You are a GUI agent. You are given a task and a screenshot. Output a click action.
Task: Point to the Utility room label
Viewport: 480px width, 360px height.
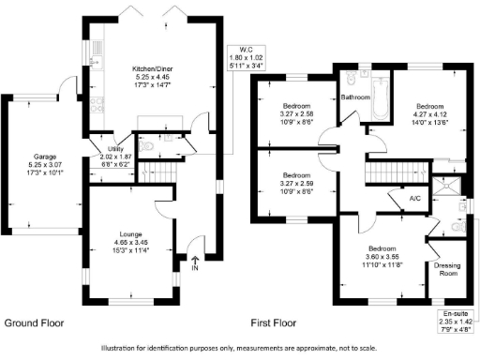coord(117,150)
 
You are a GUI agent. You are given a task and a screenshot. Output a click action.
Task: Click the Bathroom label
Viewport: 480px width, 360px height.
coord(355,97)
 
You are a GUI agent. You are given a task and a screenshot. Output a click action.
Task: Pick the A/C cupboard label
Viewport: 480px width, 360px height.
coord(415,199)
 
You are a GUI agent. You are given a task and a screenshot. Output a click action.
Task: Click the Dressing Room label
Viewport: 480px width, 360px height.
coord(449,269)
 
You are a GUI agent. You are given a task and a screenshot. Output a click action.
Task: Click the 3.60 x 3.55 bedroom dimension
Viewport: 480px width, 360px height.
coord(382,257)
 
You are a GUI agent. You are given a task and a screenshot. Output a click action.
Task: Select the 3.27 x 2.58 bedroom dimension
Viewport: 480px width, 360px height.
coord(297,114)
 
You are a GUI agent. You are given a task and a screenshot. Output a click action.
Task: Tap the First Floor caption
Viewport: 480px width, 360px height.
coord(273,323)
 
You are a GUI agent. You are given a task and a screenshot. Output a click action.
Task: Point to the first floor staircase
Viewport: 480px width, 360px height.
coord(382,172)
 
